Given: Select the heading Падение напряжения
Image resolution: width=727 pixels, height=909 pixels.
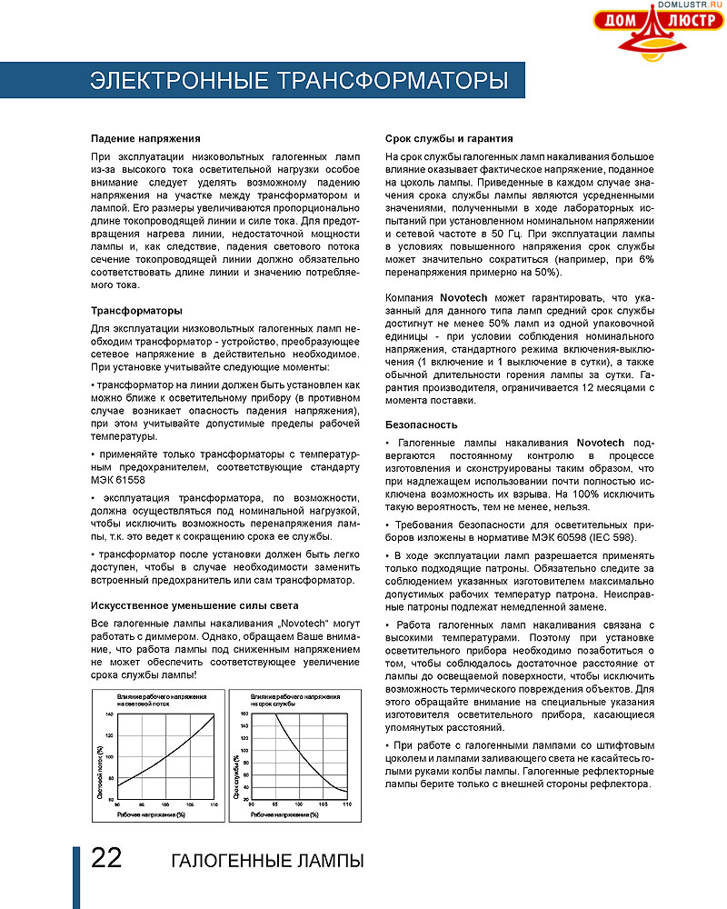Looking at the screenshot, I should coord(145,138).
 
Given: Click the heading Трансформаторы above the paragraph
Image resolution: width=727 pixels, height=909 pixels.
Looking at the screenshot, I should coord(137,311).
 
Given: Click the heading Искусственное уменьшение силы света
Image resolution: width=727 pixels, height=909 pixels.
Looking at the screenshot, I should coord(195,605).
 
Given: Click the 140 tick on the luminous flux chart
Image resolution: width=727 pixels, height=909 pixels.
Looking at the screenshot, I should coord(109,714).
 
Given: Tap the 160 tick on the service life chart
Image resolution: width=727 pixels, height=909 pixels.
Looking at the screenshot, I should coord(244,714).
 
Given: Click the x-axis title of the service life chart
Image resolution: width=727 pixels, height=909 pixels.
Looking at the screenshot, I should coord(284,814).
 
